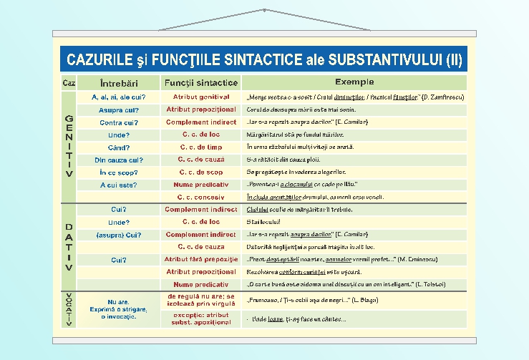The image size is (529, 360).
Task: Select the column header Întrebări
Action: (119, 83)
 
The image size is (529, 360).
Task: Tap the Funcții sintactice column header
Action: (201, 82)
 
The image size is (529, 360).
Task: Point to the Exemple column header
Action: (354, 82)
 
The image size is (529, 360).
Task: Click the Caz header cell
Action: (69, 83)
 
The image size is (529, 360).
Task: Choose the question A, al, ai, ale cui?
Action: (119, 97)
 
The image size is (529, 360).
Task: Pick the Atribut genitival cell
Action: (201, 97)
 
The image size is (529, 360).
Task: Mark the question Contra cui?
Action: (119, 122)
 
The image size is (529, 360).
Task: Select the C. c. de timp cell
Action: (201, 147)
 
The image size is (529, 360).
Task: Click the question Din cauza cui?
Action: (119, 160)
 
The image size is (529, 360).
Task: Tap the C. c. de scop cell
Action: (201, 172)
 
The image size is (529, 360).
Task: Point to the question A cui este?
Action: (119, 185)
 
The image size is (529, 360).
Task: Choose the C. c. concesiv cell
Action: (201, 197)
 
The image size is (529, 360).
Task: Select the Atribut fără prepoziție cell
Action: (201, 259)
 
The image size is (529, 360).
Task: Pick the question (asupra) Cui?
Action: (119, 235)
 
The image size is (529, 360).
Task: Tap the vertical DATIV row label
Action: (69, 247)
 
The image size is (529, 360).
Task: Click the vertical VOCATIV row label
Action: (69, 310)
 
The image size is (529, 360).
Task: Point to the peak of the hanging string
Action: (264, 9)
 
